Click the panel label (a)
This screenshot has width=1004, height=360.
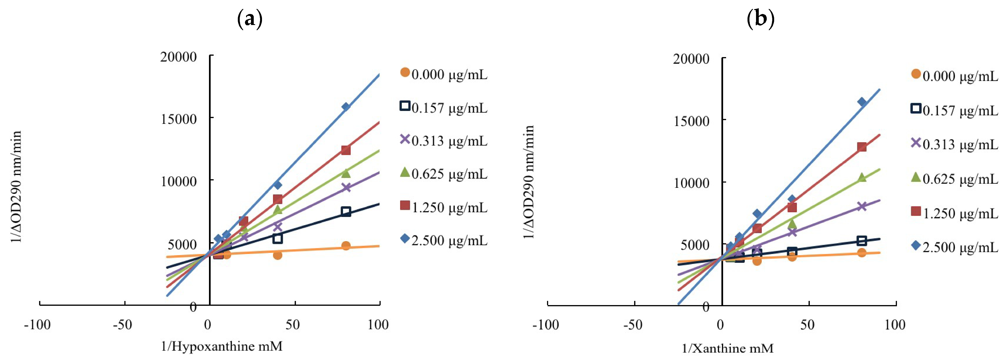(x=250, y=19)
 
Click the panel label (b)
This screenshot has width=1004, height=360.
(x=760, y=19)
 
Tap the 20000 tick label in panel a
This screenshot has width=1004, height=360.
(x=179, y=57)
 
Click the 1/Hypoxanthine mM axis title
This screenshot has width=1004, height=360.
(x=222, y=346)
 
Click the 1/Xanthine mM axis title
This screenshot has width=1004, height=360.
(x=727, y=348)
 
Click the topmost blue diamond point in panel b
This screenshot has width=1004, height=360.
(x=862, y=102)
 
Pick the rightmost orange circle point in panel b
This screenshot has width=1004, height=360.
(x=862, y=252)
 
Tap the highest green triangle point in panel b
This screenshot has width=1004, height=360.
(x=862, y=178)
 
